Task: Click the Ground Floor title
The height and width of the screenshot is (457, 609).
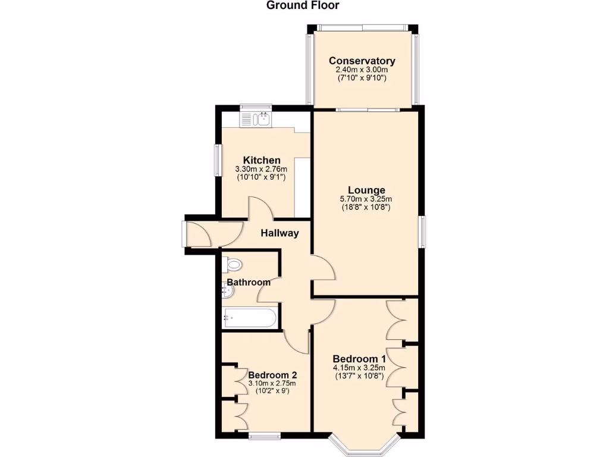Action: tap(303, 6)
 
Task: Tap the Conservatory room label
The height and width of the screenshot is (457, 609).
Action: tap(362, 61)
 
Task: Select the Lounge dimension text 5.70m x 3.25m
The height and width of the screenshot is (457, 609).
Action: tap(366, 199)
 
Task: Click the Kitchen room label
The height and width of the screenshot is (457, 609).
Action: tap(262, 160)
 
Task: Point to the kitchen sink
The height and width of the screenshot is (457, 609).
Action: tap(256, 120)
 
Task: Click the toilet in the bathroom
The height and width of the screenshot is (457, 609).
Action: tap(233, 264)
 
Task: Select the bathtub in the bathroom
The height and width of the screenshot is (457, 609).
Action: tap(249, 318)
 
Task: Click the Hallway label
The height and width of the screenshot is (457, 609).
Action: tap(280, 233)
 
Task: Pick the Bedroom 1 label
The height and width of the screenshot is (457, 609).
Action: tap(359, 359)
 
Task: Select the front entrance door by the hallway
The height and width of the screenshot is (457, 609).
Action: tap(198, 234)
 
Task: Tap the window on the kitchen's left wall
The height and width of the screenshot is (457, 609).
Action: tap(217, 159)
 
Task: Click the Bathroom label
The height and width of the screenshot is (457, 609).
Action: tap(248, 282)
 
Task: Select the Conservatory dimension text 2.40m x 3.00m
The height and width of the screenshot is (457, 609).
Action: tap(362, 70)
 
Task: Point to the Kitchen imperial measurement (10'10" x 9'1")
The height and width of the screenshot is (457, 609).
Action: tap(262, 177)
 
